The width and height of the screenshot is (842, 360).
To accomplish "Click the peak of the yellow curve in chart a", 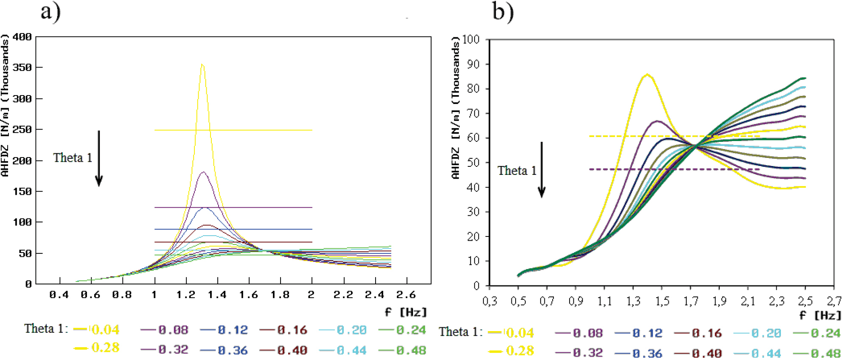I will click(202, 65).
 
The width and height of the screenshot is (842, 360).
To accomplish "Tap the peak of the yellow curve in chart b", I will click(647, 75).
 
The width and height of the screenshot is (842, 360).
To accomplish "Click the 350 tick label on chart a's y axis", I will click(22, 68).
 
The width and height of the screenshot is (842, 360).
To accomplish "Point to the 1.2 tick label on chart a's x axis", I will click(186, 295).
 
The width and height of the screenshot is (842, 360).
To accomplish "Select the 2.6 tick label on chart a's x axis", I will click(406, 295).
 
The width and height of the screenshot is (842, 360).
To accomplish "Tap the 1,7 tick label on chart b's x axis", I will click(691, 301).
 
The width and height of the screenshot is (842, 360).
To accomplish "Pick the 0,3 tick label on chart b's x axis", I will click(490, 301).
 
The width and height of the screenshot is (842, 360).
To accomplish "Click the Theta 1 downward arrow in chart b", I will click(542, 170).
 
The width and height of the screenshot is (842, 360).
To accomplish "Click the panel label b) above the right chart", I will click(503, 11).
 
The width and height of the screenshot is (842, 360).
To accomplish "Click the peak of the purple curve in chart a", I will click(204, 172).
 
